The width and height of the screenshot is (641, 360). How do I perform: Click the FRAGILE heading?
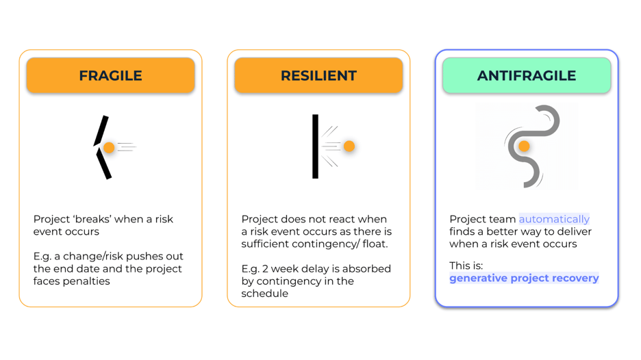point(110,76)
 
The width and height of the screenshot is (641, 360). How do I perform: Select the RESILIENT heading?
point(318,76)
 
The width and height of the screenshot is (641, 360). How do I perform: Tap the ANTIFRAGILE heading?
point(526,76)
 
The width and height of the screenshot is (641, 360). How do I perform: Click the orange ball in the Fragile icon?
point(109,148)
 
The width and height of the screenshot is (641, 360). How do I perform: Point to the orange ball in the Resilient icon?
point(349,146)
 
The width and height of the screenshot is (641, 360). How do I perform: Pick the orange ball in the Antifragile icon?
point(524,146)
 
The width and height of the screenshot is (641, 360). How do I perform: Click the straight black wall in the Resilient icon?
point(315,146)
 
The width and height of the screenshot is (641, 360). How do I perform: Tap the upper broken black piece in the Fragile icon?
point(101,130)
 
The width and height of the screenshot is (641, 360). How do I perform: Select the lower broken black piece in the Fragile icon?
point(103,164)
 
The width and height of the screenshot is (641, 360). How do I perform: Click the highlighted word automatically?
point(554,219)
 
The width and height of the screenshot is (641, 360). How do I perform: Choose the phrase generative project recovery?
point(524,278)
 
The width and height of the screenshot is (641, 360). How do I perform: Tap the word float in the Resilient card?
point(376,244)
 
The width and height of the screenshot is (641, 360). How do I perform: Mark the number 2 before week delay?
point(273,268)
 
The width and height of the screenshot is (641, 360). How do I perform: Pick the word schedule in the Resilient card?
point(264,293)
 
